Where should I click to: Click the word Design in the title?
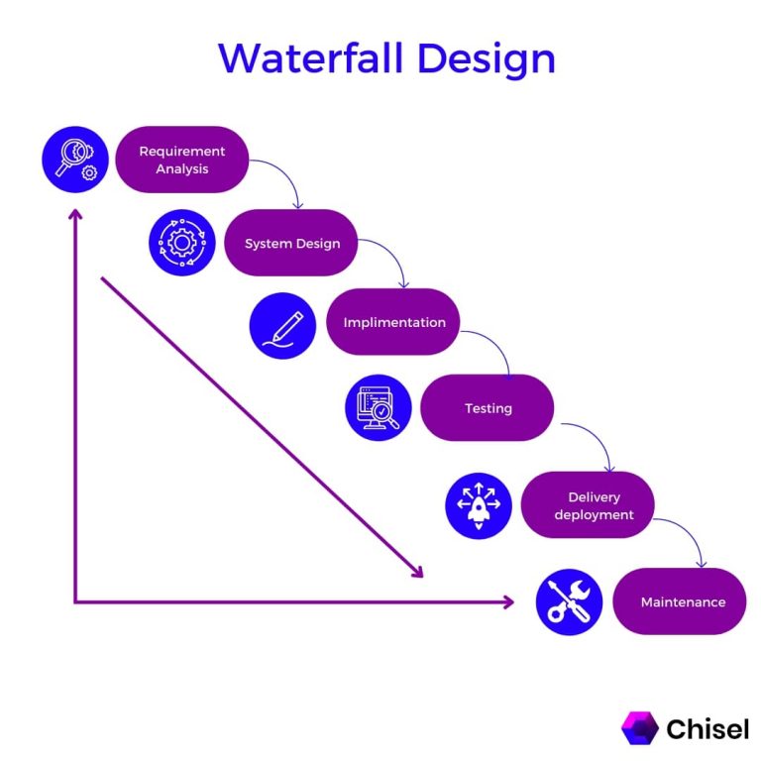coord(487,58)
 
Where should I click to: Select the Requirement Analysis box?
coord(181,160)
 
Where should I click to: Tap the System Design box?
coord(291,243)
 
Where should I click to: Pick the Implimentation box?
coord(393,322)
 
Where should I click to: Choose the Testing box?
coord(487,407)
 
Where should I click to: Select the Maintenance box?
coord(681,601)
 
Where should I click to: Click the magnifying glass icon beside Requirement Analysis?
coord(75,160)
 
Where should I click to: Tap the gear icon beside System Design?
coord(182,243)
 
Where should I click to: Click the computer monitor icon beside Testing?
coord(379,407)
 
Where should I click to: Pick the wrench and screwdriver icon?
coord(569,601)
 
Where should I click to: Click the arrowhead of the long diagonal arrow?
coord(418,572)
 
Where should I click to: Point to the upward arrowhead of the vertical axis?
coord(74,212)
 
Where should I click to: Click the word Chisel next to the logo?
coord(707,729)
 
